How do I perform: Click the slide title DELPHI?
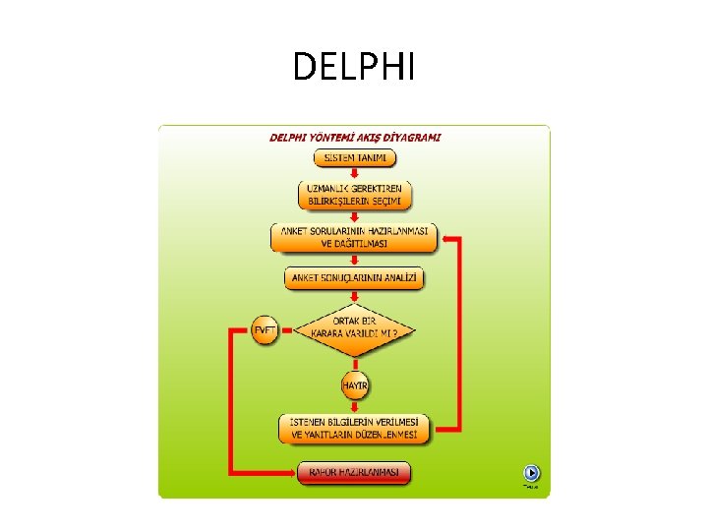[354, 68]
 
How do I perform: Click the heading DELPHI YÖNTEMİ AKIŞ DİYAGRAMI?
[355, 138]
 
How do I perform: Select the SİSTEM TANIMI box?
[355, 158]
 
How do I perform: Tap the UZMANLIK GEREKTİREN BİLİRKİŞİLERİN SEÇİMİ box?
[355, 195]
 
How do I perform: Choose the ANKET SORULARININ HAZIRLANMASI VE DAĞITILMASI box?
[355, 237]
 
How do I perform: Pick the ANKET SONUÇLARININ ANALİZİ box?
[356, 279]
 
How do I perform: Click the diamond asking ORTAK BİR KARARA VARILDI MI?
[355, 327]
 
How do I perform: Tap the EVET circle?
[265, 330]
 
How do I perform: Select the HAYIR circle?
[355, 385]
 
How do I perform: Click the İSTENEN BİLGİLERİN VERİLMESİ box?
[355, 428]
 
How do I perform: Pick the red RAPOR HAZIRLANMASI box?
[355, 473]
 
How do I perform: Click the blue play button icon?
[531, 472]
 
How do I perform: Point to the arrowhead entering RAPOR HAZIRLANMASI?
[292, 473]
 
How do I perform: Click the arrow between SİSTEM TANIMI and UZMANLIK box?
[355, 174]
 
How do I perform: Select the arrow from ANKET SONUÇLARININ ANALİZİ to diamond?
[355, 298]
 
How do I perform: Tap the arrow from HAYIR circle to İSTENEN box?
[355, 406]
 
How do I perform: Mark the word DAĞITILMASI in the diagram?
[362, 243]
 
